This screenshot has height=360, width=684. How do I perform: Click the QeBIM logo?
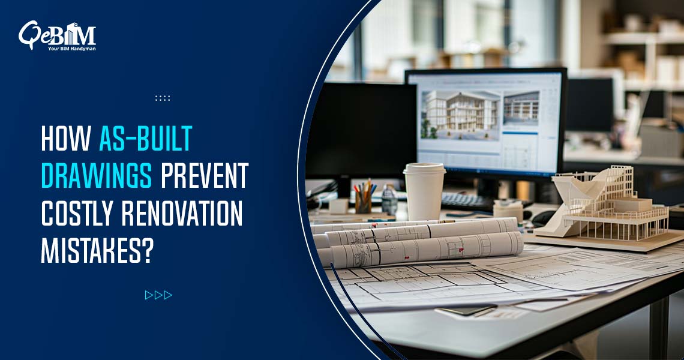(x=57, y=35)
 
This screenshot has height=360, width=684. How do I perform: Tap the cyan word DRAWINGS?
(x=96, y=176)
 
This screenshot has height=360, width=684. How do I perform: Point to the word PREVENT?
(x=204, y=176)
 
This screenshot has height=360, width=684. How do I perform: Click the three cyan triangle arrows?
(x=158, y=295)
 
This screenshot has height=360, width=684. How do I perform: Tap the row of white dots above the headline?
(x=163, y=98)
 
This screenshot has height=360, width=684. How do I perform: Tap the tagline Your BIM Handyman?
(x=71, y=48)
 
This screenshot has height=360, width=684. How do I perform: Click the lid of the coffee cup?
(x=424, y=169)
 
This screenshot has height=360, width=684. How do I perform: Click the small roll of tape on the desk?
(x=508, y=210)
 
